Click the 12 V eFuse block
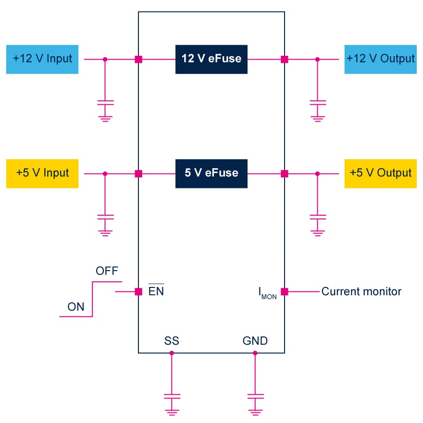pyautogui.click(x=211, y=60)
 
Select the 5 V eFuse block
pyautogui.click(x=211, y=173)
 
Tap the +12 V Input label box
pyautogui.click(x=42, y=60)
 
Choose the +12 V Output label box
pyautogui.click(x=380, y=60)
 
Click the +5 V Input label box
pyautogui.click(x=42, y=173)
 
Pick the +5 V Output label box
pyautogui.click(x=380, y=173)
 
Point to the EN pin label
pyautogui.click(x=156, y=291)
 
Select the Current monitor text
pyautogui.click(x=361, y=291)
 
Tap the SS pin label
pyautogui.click(x=172, y=341)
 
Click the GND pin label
pyautogui.click(x=255, y=341)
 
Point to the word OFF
pyautogui.click(x=107, y=271)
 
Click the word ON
pyautogui.click(x=76, y=307)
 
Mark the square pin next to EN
pyautogui.click(x=138, y=291)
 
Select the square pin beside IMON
pyautogui.click(x=285, y=291)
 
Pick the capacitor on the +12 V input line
pyautogui.click(x=105, y=103)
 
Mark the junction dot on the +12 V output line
pyautogui.click(x=317, y=60)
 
